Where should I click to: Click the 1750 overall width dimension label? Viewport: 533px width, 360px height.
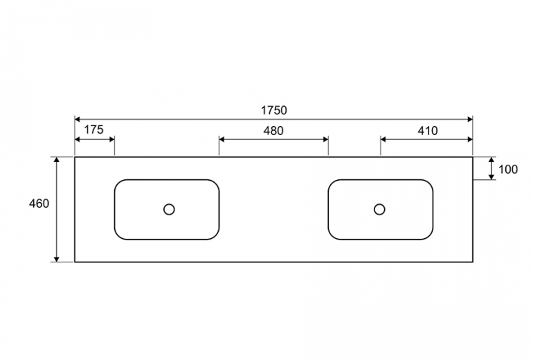273,110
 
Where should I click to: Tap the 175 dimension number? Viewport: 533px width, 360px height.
93,129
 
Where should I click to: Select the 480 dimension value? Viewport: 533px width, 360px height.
273,131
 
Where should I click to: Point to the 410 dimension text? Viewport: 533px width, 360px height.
427,131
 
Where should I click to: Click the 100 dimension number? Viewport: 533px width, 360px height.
508,169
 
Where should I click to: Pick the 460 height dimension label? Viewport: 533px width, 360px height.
39,204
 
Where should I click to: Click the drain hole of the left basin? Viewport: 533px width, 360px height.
169,209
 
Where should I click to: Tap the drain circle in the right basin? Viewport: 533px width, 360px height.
379,209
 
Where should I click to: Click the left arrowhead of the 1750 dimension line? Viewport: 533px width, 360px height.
77,119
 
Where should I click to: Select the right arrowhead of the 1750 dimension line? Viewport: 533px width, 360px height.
470,119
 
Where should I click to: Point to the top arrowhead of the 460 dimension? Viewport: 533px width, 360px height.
57,160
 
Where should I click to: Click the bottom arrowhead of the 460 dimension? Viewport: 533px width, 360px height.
57,259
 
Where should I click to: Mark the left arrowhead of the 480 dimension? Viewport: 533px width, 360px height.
222,139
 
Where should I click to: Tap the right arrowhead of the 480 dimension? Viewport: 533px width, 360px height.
325,139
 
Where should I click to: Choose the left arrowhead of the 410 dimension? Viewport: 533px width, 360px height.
383,139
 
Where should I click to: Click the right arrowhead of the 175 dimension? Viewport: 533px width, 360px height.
112,139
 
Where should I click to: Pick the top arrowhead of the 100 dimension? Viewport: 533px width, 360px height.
491,160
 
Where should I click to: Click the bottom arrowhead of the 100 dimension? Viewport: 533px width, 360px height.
491,177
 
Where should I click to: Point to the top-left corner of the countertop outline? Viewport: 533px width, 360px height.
75,157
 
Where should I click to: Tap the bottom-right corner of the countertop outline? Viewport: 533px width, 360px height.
473,262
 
